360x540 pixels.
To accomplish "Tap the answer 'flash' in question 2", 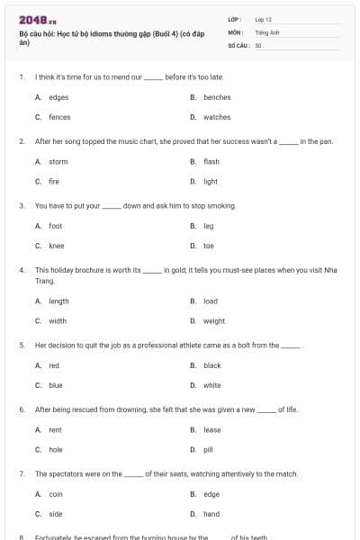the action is click(x=211, y=162).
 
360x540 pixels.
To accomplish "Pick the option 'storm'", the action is click(x=58, y=162).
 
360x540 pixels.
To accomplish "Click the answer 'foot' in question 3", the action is click(x=56, y=226).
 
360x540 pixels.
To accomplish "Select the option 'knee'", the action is click(x=57, y=246).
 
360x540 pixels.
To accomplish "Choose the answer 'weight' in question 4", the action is click(x=214, y=320).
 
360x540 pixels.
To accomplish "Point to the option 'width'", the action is click(x=58, y=320).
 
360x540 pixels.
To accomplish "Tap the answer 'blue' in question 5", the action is click(x=56, y=385).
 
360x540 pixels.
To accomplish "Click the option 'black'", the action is click(x=212, y=365).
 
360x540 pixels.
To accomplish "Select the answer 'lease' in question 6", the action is click(x=212, y=430).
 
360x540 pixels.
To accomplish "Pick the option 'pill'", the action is click(x=208, y=450).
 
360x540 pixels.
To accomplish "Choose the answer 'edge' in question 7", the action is click(x=211, y=494).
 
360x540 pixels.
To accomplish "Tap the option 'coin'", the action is click(x=56, y=494).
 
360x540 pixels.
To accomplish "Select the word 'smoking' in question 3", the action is click(x=220, y=205).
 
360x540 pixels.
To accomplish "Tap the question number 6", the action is click(x=21, y=409).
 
